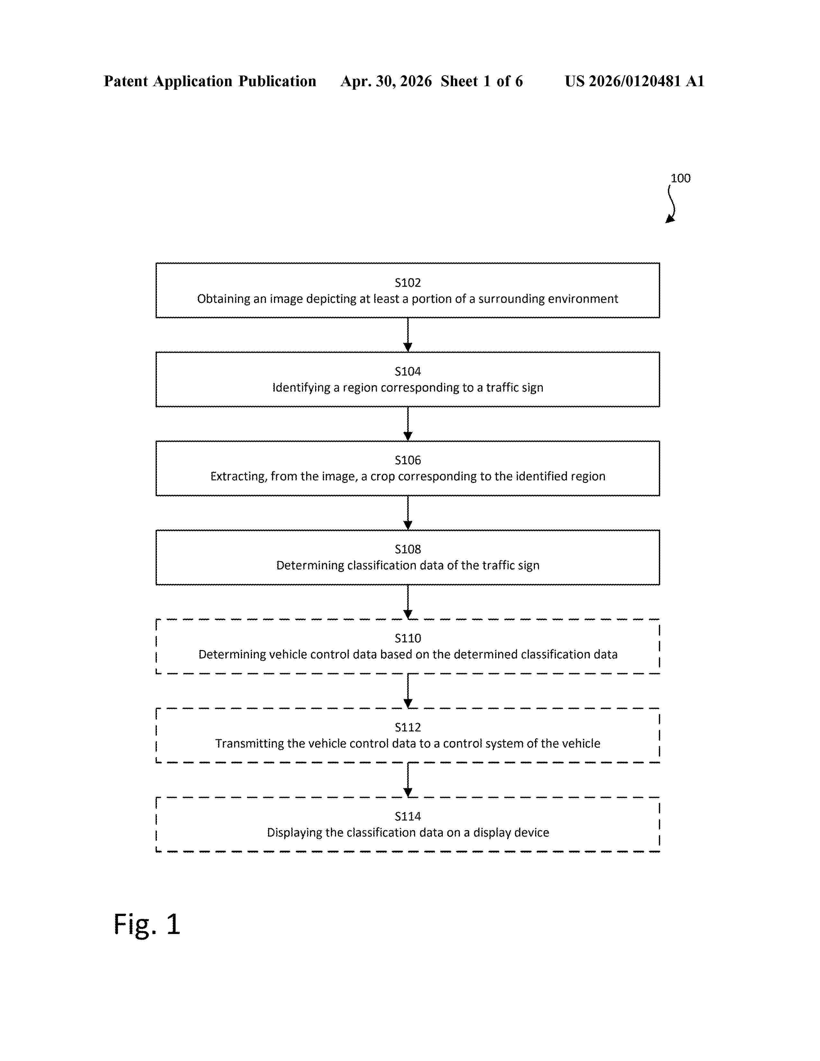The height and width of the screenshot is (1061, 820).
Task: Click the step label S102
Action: point(407,283)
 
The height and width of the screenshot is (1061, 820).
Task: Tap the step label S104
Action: point(407,372)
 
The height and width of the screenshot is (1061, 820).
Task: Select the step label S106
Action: point(407,460)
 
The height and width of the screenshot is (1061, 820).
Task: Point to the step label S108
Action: point(407,549)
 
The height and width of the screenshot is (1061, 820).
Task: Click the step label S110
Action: point(407,638)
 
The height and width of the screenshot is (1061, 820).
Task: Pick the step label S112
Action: point(407,728)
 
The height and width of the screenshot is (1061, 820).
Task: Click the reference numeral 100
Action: point(680,178)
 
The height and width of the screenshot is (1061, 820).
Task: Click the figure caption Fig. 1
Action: point(147,924)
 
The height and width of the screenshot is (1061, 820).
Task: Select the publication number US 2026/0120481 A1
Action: point(634,81)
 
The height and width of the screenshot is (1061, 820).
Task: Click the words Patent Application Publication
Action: point(210,81)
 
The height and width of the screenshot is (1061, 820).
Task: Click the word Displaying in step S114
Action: point(294,833)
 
